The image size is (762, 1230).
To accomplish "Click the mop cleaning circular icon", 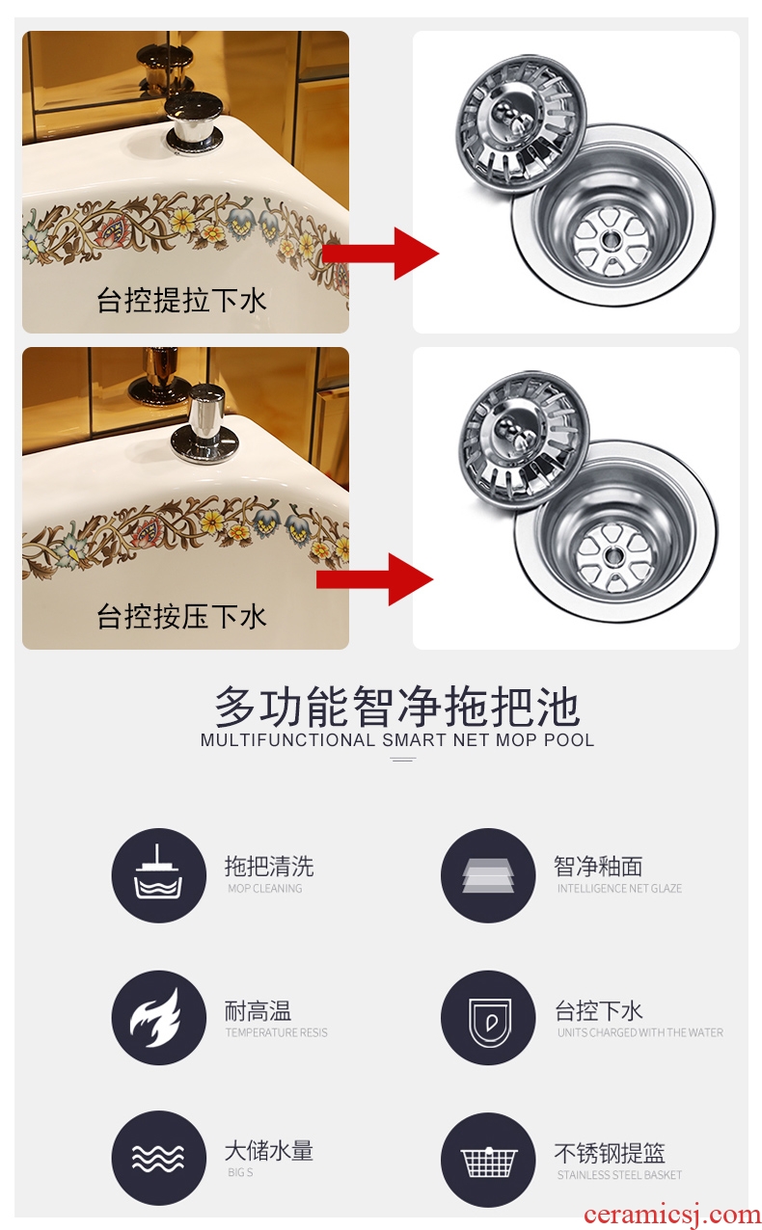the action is coord(159,875).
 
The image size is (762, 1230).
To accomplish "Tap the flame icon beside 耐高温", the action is coord(159,1017).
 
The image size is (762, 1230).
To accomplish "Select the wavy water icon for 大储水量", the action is coord(159,1158).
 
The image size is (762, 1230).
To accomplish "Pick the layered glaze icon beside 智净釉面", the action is coord(488,875).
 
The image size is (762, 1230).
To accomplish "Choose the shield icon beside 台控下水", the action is coord(488,1017).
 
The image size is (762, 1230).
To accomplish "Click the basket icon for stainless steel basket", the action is coord(488,1160).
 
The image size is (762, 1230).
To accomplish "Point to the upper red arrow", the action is coord(381,254).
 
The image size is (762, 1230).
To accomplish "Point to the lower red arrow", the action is coord(375,579).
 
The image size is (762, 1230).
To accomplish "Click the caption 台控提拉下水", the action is coord(181,301).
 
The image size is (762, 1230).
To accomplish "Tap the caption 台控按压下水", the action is coord(181,616).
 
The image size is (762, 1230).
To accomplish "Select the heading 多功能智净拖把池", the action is coord(397,707).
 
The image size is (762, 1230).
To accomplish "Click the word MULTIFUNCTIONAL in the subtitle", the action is coord(287,739).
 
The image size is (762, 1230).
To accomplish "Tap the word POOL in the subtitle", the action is coord(569,739).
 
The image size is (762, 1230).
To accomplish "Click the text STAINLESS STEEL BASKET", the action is coord(619,1174).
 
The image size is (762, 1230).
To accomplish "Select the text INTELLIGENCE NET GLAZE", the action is coord(619,888).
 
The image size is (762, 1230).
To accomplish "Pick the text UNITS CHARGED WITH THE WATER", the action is coord(640,1032).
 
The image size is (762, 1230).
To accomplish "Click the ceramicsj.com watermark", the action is coord(672,1215).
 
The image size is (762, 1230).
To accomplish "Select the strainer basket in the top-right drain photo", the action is coord(522,124).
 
